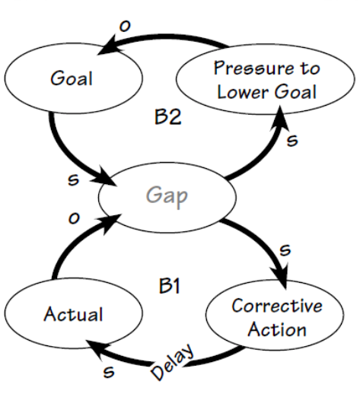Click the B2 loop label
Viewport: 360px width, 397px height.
[168, 116]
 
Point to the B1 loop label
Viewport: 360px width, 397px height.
[170, 286]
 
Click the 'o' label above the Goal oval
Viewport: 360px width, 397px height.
[125, 26]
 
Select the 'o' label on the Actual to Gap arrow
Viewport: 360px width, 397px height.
[74, 218]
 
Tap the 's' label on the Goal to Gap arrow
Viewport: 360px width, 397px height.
[74, 179]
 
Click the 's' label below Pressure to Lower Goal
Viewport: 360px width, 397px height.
[292, 140]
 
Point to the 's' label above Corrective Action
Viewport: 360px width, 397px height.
[285, 249]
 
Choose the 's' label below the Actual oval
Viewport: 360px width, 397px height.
[109, 372]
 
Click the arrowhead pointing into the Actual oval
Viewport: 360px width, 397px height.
[97, 348]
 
